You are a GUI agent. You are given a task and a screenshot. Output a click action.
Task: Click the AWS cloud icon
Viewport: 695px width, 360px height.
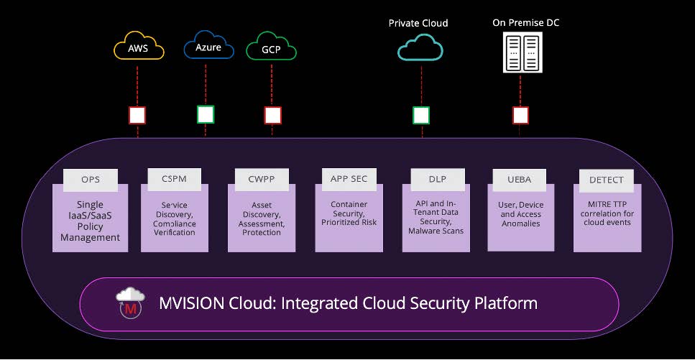(139, 48)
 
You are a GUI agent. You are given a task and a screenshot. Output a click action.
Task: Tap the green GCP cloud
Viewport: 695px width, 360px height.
(271, 49)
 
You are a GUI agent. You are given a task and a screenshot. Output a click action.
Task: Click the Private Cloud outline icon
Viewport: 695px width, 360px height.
(421, 48)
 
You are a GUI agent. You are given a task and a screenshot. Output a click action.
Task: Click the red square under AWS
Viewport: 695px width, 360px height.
(137, 115)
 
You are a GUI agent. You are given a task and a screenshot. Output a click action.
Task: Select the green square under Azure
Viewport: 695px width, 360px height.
(206, 114)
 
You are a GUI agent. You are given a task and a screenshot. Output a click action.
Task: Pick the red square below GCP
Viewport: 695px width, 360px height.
(272, 115)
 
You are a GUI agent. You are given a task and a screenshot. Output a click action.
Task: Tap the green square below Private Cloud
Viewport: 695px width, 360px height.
(421, 115)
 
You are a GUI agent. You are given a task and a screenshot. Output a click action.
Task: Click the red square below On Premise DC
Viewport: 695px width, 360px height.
(520, 115)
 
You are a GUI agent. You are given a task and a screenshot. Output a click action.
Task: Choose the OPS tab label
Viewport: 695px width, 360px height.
(91, 179)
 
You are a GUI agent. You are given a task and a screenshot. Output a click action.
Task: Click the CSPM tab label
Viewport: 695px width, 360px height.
(175, 179)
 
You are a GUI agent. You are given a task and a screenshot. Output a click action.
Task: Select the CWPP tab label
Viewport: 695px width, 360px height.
(262, 179)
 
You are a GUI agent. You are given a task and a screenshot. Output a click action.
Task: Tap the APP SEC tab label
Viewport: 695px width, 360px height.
(349, 178)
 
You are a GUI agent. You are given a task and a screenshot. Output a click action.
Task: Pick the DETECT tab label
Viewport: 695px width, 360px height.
(607, 179)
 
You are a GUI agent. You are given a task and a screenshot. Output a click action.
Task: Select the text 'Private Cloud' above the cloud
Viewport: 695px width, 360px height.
(418, 23)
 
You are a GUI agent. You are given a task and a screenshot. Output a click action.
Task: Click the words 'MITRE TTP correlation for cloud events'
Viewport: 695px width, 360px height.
(607, 213)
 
